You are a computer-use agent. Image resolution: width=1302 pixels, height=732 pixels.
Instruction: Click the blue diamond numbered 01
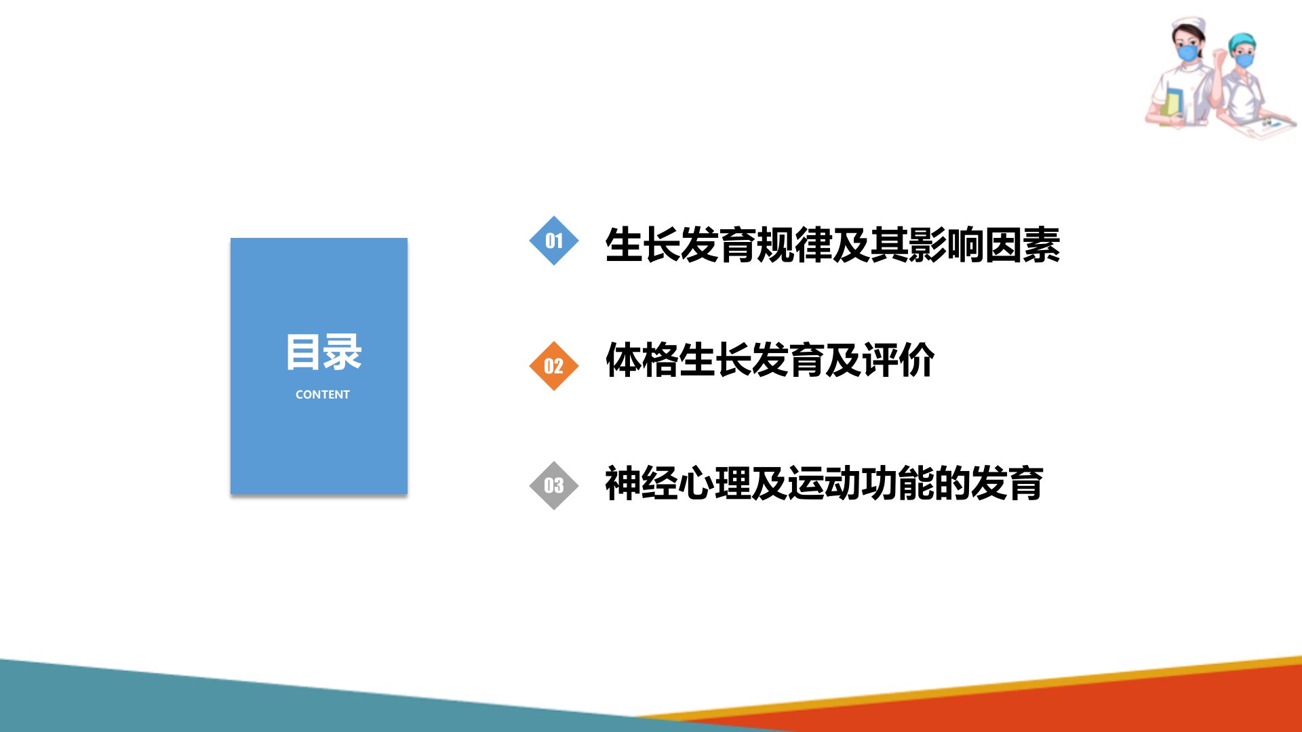[x=553, y=241]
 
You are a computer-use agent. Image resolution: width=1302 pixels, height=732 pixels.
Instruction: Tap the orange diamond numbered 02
[x=553, y=366]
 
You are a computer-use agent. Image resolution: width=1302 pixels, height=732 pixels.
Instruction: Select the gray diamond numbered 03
[x=553, y=485]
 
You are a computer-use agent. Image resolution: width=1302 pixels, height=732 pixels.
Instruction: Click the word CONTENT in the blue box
[x=322, y=394]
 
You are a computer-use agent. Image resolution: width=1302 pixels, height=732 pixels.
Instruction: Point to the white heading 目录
[x=323, y=352]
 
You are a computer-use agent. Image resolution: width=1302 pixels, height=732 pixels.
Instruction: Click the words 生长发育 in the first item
[x=679, y=245]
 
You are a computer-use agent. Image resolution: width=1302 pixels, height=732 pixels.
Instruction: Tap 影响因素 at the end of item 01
[x=984, y=245]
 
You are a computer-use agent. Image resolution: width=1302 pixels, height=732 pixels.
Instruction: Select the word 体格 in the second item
[x=642, y=360]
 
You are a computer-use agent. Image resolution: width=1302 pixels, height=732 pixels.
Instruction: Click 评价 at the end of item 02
[x=898, y=360]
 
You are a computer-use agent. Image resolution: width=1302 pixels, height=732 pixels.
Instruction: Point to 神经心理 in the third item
[x=677, y=484]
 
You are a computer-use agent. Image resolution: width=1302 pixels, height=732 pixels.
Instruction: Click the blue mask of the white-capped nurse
[x=1187, y=52]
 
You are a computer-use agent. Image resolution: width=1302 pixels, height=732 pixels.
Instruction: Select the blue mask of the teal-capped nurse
[x=1244, y=60]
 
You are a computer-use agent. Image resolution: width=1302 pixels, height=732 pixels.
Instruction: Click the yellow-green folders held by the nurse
[x=1171, y=106]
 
